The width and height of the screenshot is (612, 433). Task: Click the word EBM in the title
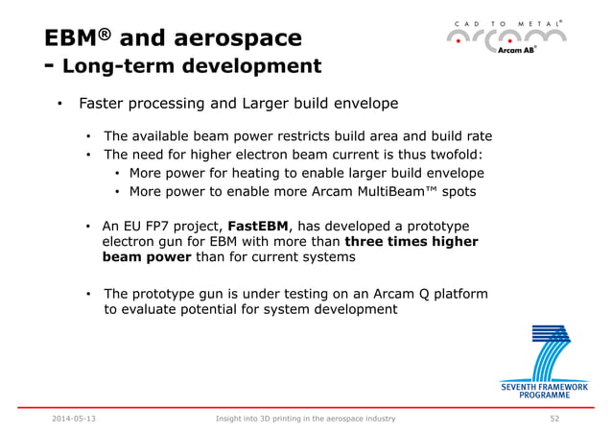72,38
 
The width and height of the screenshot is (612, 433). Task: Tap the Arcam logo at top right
508,38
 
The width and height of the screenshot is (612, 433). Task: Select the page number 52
554,420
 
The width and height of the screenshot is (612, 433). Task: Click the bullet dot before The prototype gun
89,293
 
